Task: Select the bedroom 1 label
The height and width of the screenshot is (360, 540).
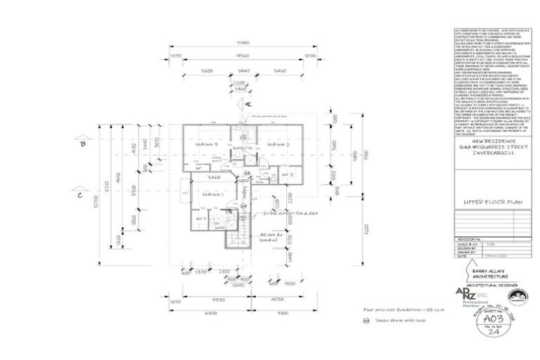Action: tap(212, 193)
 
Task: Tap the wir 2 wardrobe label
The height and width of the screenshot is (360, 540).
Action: tap(287, 174)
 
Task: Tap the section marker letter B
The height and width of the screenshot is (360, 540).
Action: tap(82, 144)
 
